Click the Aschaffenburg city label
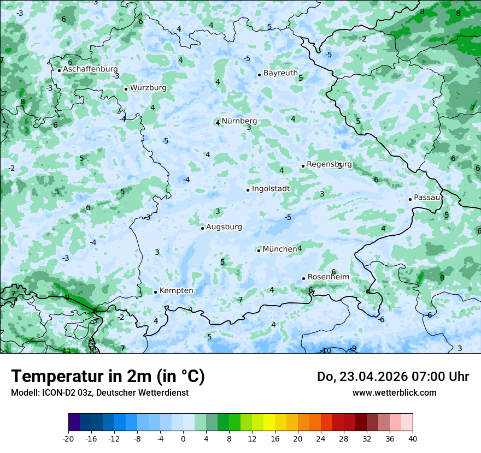point(90,69)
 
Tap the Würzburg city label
point(148,88)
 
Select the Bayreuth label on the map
point(280,73)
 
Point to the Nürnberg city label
point(239,121)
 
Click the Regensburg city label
point(329,164)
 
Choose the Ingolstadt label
point(271,189)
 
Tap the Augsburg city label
point(224,227)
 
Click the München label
point(279,249)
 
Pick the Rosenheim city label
point(328,277)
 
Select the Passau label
point(427,198)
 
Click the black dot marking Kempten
point(155,292)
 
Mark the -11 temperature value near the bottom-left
point(66,350)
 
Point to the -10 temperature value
point(326,350)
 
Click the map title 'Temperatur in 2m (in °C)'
point(108,377)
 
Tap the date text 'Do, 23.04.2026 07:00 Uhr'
point(392,377)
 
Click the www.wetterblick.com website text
point(394,392)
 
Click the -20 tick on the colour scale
point(68,438)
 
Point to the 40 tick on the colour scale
point(412,438)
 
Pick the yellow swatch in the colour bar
point(269,422)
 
